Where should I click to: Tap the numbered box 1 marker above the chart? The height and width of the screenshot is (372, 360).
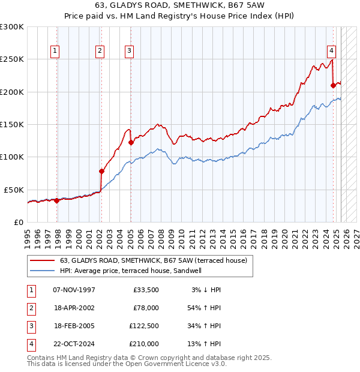(x=55, y=51)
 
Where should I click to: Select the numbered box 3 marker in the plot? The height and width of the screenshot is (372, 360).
(x=129, y=51)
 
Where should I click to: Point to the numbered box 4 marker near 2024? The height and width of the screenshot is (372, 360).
(x=331, y=51)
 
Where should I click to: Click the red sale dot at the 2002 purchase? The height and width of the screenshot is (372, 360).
(x=101, y=172)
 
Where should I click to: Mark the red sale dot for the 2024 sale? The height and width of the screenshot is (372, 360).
(x=333, y=86)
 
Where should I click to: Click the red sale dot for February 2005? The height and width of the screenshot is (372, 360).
(x=131, y=143)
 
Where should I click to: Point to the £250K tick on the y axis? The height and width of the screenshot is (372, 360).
(x=13, y=59)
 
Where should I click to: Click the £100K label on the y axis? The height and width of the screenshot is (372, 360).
(x=13, y=157)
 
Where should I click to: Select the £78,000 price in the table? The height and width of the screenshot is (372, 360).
(x=145, y=308)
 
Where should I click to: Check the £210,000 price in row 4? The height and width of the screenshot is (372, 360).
(x=144, y=344)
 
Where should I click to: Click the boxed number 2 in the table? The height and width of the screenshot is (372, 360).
(x=30, y=308)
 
